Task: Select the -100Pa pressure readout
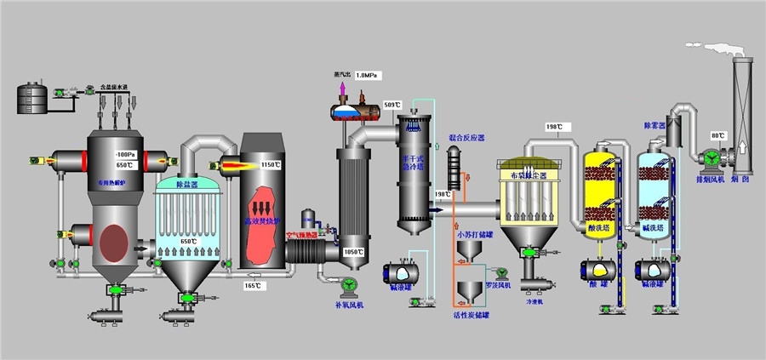[x=125, y=154]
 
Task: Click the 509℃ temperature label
[x=392, y=105]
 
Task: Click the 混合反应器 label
[x=466, y=137]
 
